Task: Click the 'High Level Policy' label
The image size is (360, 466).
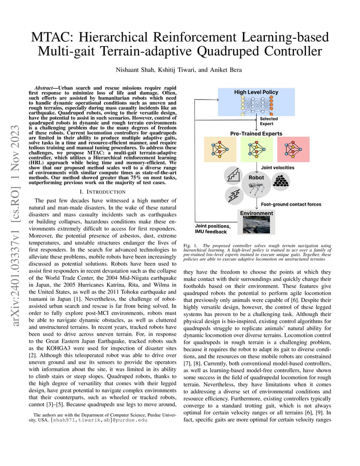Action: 256,92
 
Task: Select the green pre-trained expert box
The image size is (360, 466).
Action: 256,149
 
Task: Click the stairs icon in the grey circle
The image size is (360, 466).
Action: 233,176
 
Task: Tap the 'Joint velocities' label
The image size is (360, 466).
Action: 277,167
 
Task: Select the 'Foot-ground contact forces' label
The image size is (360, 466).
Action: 291,204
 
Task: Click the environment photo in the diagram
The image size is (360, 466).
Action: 256,225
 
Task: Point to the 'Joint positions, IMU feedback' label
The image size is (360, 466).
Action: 213,229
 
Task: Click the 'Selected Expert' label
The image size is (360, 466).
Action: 269,121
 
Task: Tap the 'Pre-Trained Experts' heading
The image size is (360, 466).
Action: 256,133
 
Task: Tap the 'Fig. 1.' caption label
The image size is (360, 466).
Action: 191,246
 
